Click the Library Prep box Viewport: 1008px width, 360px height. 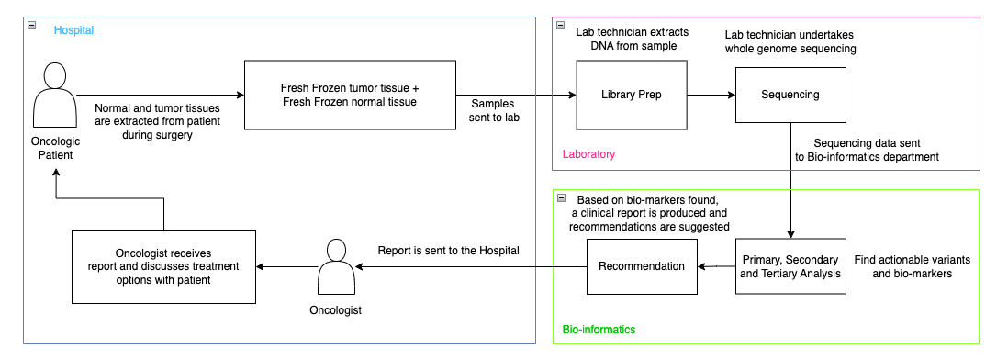click(631, 95)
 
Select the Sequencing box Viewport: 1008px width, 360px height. click(790, 95)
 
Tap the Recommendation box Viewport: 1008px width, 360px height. click(642, 266)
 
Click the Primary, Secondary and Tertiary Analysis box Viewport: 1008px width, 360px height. click(790, 266)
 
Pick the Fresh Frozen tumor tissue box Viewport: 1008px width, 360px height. click(349, 95)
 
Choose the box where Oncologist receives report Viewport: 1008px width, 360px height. click(163, 266)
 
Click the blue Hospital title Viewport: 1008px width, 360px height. click(73, 30)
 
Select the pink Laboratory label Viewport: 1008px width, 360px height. click(588, 154)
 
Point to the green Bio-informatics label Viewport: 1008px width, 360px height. click(599, 329)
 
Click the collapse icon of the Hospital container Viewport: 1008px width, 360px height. click(32, 26)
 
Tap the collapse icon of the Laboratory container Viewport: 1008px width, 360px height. click(561, 26)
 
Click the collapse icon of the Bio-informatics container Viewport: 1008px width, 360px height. click(561, 198)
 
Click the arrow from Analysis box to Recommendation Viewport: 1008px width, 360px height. click(716, 266)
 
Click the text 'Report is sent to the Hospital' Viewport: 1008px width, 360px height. click(449, 250)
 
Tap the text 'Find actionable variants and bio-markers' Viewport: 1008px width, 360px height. click(913, 267)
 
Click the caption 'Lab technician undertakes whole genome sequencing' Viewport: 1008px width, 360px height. click(790, 41)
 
